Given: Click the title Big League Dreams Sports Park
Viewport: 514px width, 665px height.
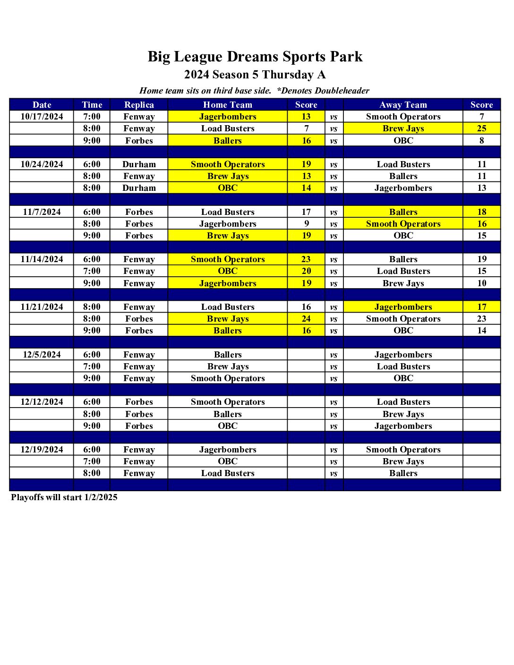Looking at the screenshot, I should click(x=255, y=57).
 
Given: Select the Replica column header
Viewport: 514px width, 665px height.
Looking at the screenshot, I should click(x=139, y=105).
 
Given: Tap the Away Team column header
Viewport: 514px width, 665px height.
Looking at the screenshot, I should click(x=403, y=105).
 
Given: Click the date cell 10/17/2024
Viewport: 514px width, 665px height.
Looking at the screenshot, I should click(x=42, y=117).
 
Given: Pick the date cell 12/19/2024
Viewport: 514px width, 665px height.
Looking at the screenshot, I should click(x=42, y=450).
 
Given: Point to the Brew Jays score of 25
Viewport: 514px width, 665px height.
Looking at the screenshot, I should click(x=481, y=128).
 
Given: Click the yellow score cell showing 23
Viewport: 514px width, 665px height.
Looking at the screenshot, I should click(x=306, y=259).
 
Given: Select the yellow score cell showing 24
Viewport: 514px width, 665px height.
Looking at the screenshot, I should click(x=306, y=319).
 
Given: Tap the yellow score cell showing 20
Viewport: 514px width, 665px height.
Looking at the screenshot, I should click(x=306, y=271).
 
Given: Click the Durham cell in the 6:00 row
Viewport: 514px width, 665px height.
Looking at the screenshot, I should click(x=139, y=164).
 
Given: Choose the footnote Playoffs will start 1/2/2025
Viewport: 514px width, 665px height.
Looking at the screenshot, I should click(x=64, y=497).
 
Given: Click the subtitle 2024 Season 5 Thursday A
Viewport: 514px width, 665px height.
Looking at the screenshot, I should click(x=255, y=75).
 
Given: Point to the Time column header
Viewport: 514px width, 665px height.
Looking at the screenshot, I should click(x=92, y=105).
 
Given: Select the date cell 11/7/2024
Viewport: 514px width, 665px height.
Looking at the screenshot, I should click(x=42, y=212).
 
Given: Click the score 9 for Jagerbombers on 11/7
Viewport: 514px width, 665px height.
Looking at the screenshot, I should click(x=306, y=224).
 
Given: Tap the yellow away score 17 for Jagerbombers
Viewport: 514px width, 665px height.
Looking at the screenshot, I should click(x=481, y=307).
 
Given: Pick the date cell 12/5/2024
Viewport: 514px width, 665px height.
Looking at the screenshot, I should click(x=42, y=355).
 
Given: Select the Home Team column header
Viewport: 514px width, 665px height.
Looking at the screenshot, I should click(x=228, y=105).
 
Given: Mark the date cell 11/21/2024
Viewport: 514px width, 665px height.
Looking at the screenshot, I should click(x=42, y=307).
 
